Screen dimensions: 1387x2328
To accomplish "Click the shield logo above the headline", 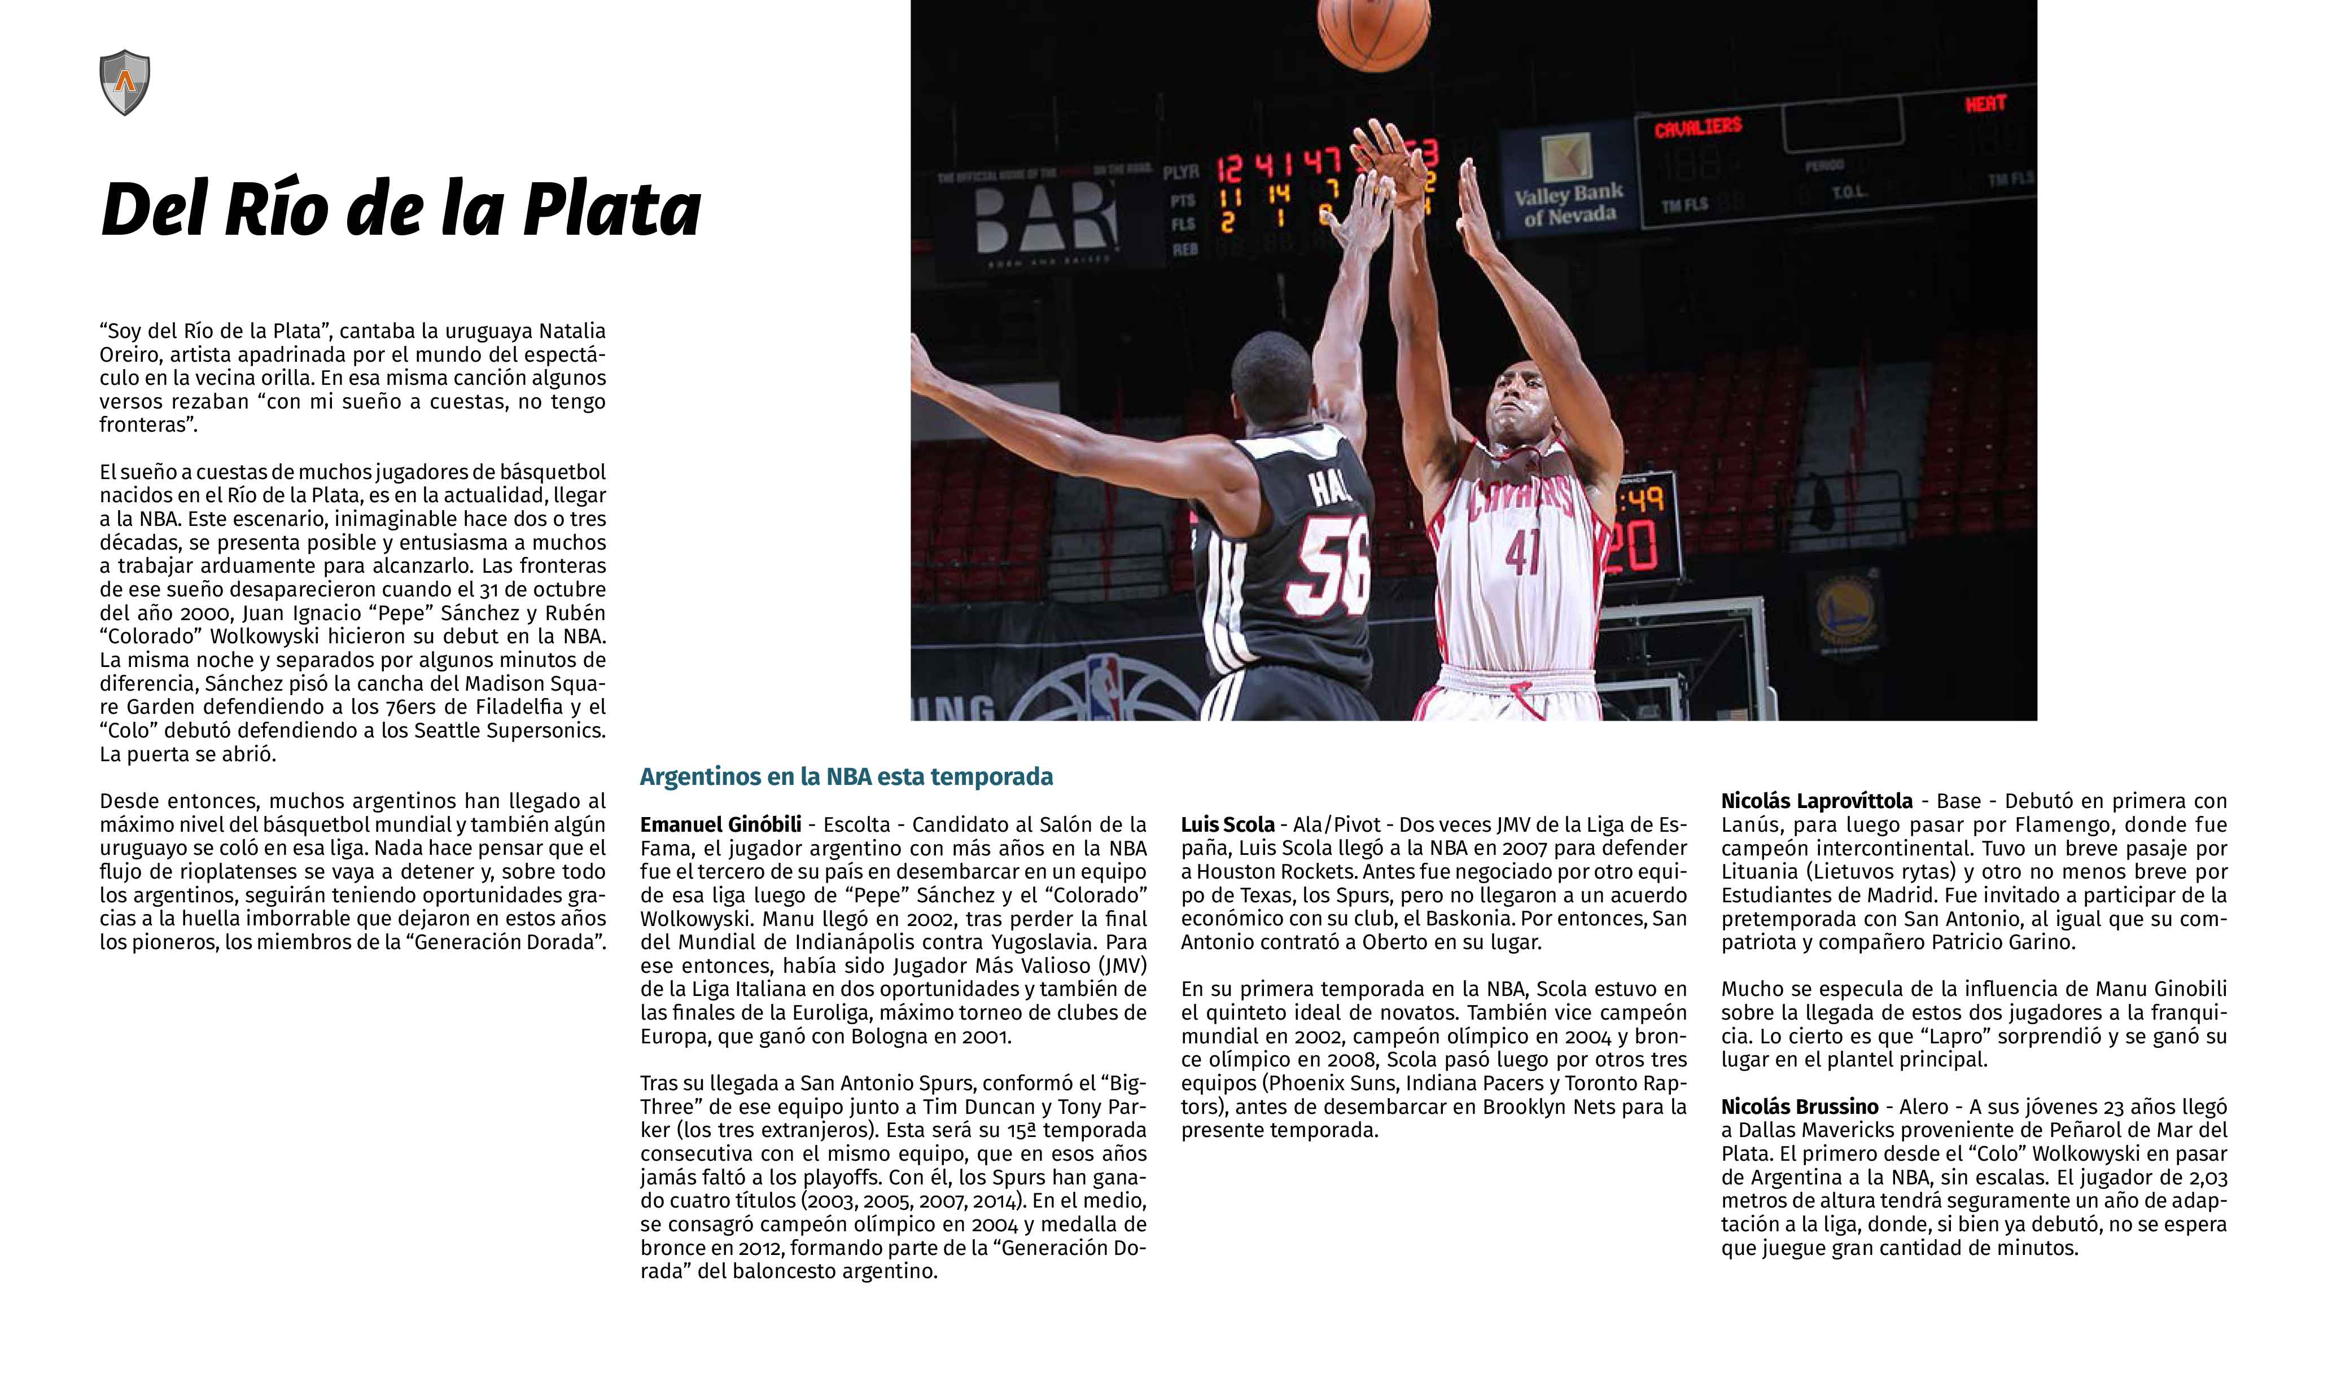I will click(124, 82).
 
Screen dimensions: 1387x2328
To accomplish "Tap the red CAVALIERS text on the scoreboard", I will click(1698, 126).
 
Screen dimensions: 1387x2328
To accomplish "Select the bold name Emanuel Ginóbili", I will click(721, 824).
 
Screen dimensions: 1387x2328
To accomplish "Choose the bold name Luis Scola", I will click(1228, 824).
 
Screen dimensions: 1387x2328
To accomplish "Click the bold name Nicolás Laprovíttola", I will click(1817, 801).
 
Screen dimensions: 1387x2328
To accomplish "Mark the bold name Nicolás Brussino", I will click(1800, 1107).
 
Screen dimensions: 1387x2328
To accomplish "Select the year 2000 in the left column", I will click(196, 613).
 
